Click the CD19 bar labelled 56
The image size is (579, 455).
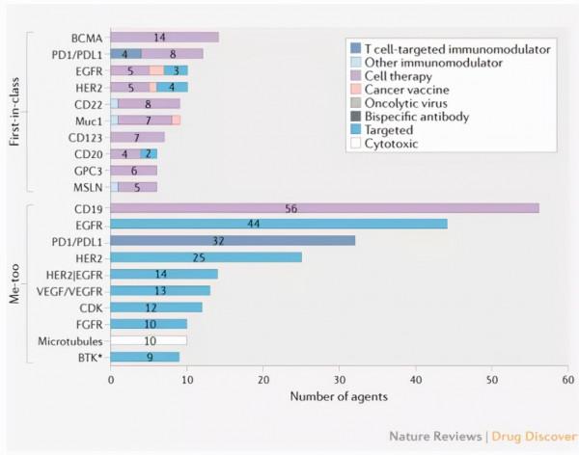pyautogui.click(x=324, y=207)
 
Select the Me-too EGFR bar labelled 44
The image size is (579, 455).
pyautogui.click(x=279, y=224)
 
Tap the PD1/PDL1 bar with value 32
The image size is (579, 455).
pyautogui.click(x=233, y=240)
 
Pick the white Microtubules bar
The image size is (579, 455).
pyautogui.click(x=149, y=340)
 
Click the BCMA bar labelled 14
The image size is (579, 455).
pyautogui.click(x=165, y=38)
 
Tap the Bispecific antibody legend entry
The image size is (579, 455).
pyautogui.click(x=408, y=118)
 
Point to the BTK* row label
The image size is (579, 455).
pyautogui.click(x=90, y=358)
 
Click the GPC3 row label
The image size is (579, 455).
pyautogui.click(x=88, y=170)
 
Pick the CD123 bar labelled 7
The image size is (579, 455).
pyautogui.click(x=138, y=137)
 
